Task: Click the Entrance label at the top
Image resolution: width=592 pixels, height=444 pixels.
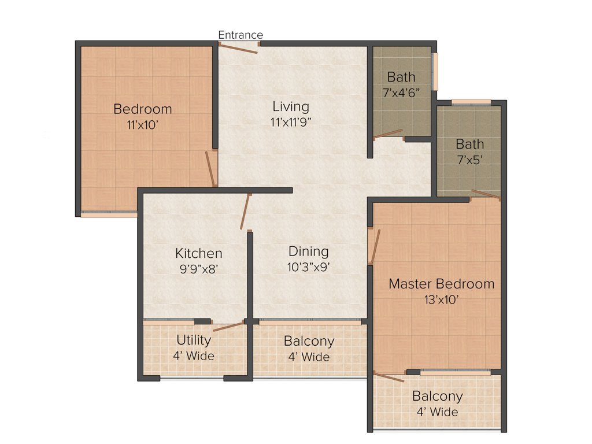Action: click(240, 35)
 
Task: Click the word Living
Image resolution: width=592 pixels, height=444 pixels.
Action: click(291, 107)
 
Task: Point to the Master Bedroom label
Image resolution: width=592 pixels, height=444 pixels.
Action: click(441, 284)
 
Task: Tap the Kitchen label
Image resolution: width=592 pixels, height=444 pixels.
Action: click(199, 253)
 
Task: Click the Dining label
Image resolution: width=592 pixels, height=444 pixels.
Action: click(309, 251)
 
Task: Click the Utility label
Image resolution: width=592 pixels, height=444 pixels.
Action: click(194, 340)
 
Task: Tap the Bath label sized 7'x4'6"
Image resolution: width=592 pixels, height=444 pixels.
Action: click(401, 77)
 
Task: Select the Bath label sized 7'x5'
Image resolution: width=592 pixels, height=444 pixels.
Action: click(469, 144)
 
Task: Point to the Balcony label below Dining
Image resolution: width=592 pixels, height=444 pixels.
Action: click(309, 341)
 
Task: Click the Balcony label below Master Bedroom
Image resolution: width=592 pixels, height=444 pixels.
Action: click(437, 397)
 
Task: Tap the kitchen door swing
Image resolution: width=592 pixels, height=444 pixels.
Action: click(245, 211)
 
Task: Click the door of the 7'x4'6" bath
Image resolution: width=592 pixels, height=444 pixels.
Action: click(388, 134)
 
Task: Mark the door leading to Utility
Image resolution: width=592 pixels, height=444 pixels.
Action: click(228, 326)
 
